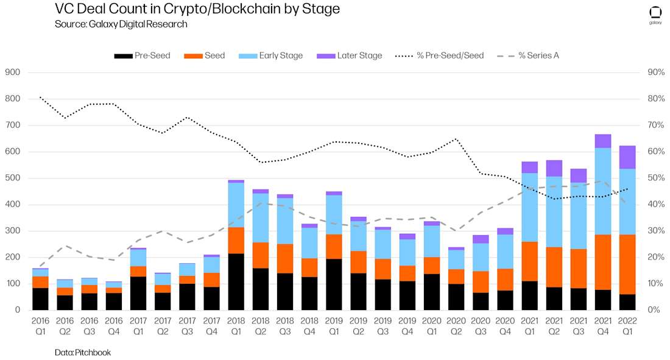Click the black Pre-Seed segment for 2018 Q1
coord(236,281)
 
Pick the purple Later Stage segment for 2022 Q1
coord(628,157)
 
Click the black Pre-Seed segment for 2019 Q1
coord(334,284)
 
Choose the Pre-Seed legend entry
coord(142,55)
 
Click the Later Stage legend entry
coord(350,55)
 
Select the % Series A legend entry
coord(527,55)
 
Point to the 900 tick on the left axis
coord(12,72)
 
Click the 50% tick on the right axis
coord(655,178)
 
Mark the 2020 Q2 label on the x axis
coord(456,326)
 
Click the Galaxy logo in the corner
coord(655,15)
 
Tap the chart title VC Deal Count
coord(197,9)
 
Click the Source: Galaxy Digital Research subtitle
coord(121,24)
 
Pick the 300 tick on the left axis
coord(12,231)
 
